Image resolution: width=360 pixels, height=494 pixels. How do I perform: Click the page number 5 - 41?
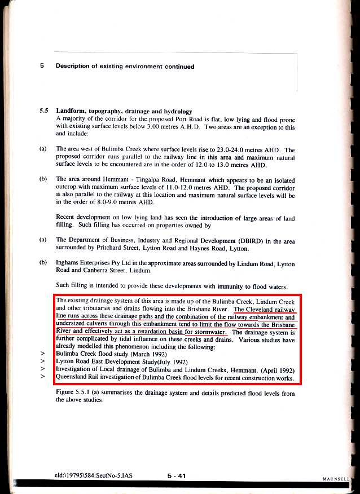(x=177, y=477)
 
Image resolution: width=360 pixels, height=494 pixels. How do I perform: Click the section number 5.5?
(x=45, y=111)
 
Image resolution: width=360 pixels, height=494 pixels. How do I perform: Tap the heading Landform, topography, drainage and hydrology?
(x=124, y=111)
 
